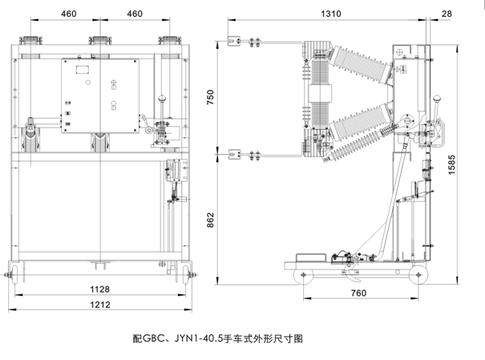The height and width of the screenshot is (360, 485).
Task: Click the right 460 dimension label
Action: click(x=135, y=14)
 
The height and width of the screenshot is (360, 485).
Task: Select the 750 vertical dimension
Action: click(x=212, y=95)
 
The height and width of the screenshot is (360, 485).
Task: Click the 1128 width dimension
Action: click(x=100, y=289)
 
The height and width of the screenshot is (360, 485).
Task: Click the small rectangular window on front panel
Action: click(x=82, y=70)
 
